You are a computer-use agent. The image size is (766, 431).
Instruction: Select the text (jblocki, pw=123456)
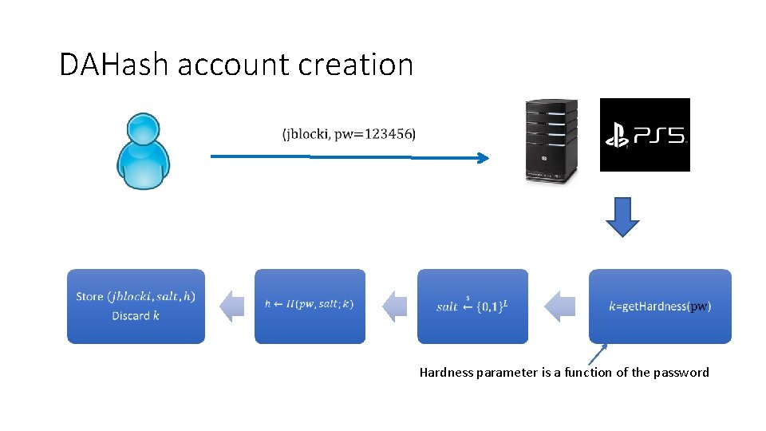pyautogui.click(x=349, y=134)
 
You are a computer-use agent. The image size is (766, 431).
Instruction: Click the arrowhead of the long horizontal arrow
pyautogui.click(x=482, y=158)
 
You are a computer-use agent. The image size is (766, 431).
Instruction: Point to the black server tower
pyautogui.click(x=550, y=141)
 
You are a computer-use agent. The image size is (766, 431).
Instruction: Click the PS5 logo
pyautogui.click(x=645, y=135)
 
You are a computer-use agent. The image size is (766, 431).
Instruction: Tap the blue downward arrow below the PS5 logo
pyautogui.click(x=622, y=216)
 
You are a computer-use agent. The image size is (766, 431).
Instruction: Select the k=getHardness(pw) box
pyautogui.click(x=660, y=306)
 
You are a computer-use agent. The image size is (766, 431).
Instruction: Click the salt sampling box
pyautogui.click(x=472, y=306)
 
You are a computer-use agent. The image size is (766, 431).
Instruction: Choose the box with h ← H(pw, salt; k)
pyautogui.click(x=310, y=306)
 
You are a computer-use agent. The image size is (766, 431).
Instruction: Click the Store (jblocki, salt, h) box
pyautogui.click(x=136, y=306)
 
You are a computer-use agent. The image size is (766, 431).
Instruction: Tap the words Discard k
pyautogui.click(x=136, y=316)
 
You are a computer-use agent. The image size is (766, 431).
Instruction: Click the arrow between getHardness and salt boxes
pyautogui.click(x=559, y=306)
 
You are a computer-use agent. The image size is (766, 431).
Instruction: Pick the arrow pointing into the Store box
pyautogui.click(x=231, y=306)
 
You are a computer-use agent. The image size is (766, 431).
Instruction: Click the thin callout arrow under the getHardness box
pyautogui.click(x=598, y=354)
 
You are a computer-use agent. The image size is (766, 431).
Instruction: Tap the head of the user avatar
pyautogui.click(x=144, y=129)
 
